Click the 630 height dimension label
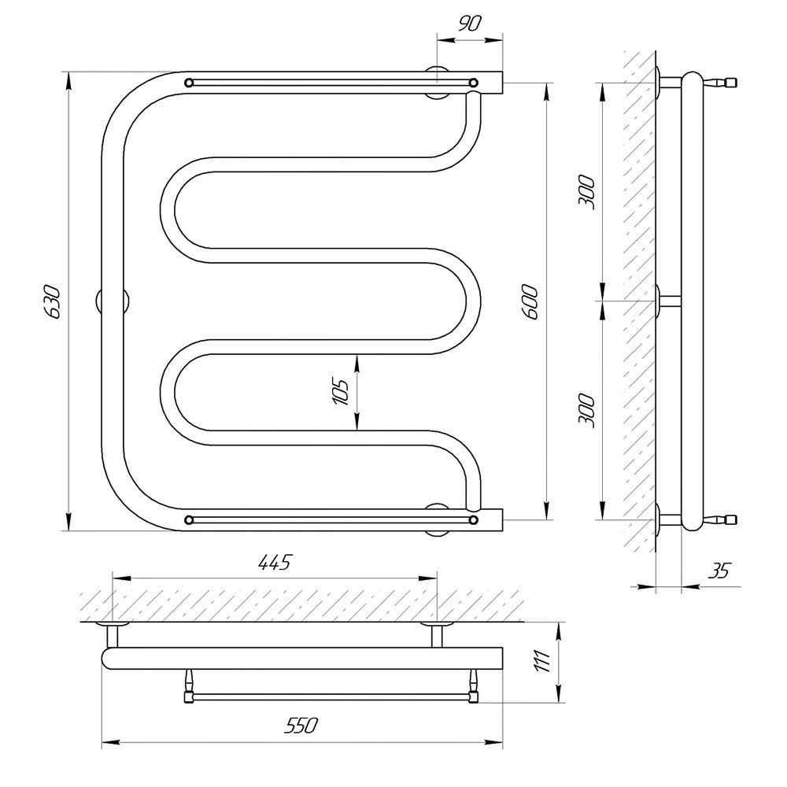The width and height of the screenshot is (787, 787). point(54,301)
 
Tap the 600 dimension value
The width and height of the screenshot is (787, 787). point(530,301)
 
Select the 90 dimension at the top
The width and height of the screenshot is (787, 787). point(469,24)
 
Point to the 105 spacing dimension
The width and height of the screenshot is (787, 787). point(340,392)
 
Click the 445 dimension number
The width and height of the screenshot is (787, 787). point(275,563)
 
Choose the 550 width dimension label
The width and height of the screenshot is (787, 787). point(301,726)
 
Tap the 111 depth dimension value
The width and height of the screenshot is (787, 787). point(542,661)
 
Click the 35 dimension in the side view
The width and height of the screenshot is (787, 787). point(720,571)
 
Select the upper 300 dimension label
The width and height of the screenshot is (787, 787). point(586,192)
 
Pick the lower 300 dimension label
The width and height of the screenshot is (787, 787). point(586,411)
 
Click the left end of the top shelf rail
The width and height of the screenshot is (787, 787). point(189,83)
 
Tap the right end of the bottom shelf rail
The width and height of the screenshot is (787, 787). point(473,520)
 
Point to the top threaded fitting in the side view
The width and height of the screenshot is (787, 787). point(720,82)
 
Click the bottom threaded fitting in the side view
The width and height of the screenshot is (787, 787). point(720,520)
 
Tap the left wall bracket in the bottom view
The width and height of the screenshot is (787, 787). point(113,634)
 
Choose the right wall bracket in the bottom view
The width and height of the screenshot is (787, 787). point(437,634)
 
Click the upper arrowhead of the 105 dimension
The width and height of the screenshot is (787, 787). point(357,362)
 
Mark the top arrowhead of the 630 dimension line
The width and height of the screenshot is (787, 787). point(69,80)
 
